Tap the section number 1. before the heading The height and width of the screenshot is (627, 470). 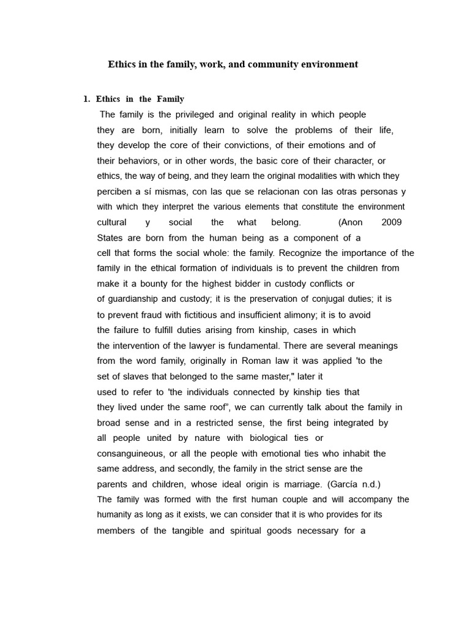[x=86, y=99]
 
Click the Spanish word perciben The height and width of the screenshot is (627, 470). [x=116, y=192]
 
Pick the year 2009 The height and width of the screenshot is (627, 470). [x=391, y=222]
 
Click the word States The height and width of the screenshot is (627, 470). [x=111, y=238]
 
